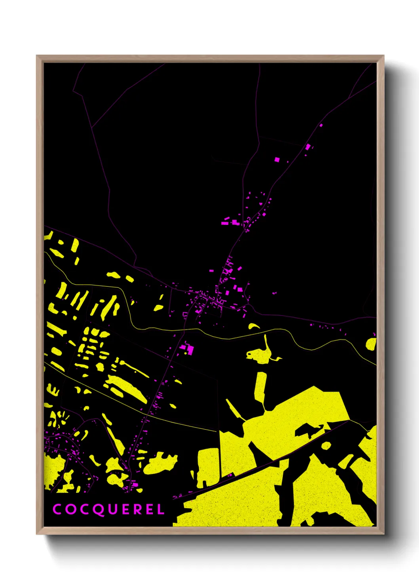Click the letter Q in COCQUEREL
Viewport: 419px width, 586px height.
pos(98,510)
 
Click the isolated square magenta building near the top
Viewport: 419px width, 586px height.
pos(277,159)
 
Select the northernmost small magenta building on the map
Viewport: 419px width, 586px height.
pos(321,125)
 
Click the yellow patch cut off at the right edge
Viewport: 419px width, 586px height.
pos(371,344)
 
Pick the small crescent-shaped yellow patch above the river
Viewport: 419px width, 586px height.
pos(253,326)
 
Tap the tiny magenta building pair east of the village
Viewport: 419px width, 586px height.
pos(274,293)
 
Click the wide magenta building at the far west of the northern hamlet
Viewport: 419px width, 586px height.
pos(225,223)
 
